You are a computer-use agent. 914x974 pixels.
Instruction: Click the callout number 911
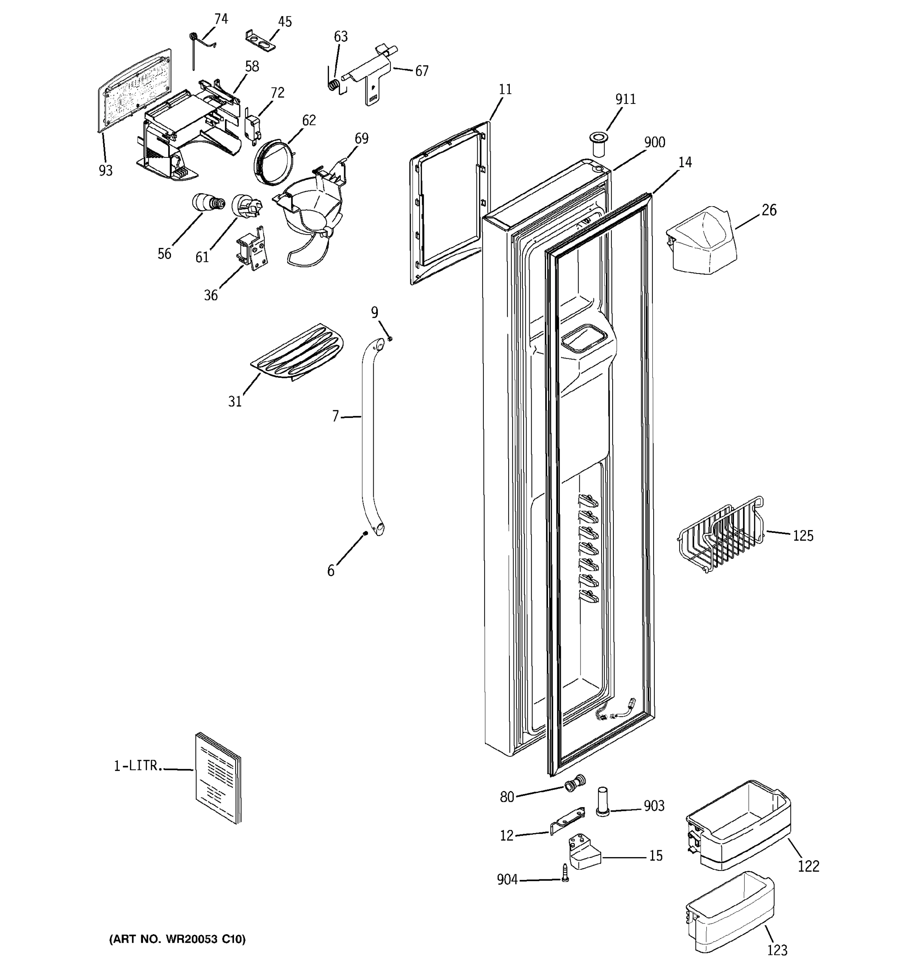click(x=625, y=99)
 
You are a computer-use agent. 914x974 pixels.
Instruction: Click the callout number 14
click(x=684, y=163)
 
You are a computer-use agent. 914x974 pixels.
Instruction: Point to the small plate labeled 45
click(x=260, y=40)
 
